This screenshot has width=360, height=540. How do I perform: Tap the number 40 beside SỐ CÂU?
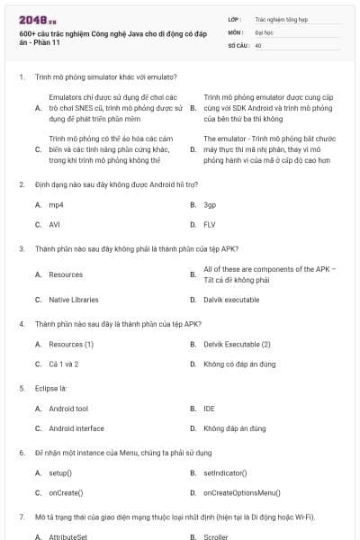tap(258, 44)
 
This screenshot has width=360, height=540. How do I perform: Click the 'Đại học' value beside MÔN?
tap(264, 31)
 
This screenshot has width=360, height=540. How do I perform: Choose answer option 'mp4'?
tap(56, 205)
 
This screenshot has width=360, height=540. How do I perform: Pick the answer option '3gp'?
tap(210, 205)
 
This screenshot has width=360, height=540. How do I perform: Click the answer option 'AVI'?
tap(54, 224)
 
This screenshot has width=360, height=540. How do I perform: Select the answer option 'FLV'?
tap(210, 224)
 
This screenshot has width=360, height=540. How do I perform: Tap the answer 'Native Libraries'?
tap(74, 300)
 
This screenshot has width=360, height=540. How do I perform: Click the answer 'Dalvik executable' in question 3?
tap(231, 300)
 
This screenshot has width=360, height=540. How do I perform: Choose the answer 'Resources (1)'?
tap(71, 345)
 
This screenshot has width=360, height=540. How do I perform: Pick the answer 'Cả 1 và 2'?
tap(64, 364)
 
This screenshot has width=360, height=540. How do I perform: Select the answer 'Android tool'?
tap(68, 409)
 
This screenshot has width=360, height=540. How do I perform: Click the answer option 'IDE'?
tap(209, 409)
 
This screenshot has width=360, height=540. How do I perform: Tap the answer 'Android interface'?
tap(76, 428)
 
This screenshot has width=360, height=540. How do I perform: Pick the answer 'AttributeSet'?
tap(67, 537)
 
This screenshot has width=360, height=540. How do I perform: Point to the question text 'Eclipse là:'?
tap(51, 389)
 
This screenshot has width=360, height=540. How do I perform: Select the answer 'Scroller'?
tap(216, 537)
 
